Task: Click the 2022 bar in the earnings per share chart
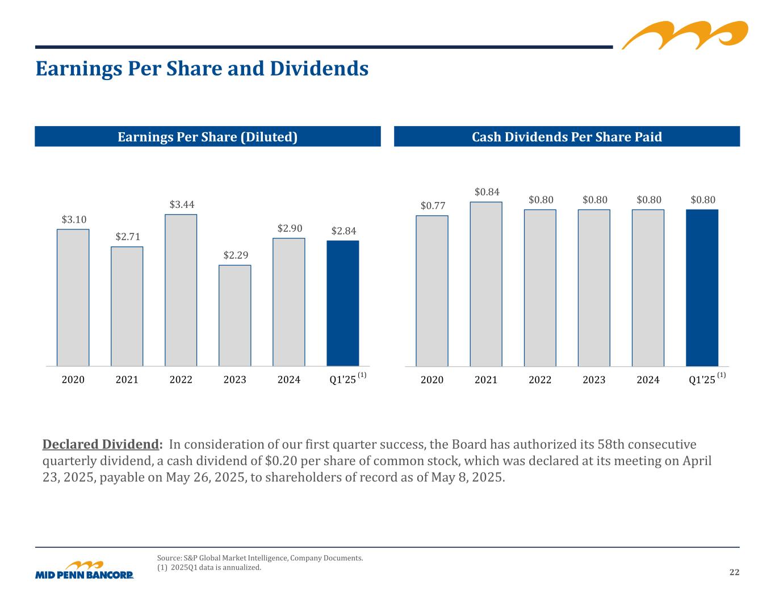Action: point(181,290)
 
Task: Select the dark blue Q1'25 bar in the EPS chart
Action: point(343,303)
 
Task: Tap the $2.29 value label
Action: point(236,255)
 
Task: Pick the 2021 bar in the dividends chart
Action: point(486,284)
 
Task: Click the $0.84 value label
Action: point(487,192)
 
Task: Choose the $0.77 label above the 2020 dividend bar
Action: point(433,206)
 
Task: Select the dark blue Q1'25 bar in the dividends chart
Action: point(702,288)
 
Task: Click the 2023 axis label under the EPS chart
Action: point(235,380)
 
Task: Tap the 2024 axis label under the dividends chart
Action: point(648,380)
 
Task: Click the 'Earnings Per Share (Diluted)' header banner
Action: point(208,137)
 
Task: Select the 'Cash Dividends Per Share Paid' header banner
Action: point(567,137)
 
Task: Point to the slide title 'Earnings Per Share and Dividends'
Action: point(202,69)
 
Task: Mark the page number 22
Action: point(734,572)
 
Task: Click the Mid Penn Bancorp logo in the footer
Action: point(85,570)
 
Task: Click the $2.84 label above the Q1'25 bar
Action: point(343,231)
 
